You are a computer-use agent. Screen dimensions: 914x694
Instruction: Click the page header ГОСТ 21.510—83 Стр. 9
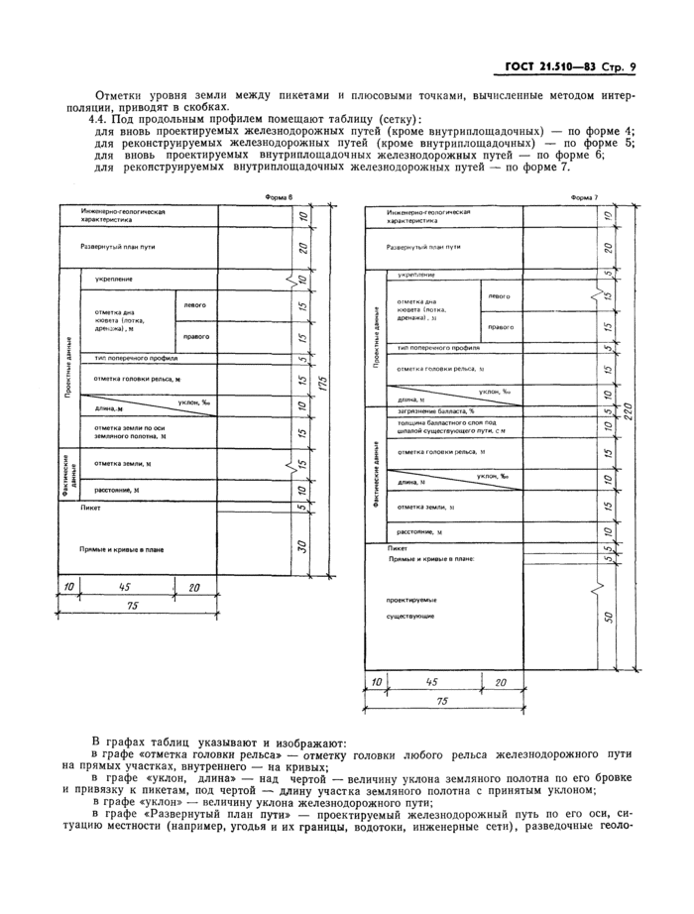(x=566, y=67)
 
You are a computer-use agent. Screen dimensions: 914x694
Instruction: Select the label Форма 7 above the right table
(x=585, y=197)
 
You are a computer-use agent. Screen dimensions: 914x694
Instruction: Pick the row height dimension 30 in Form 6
(x=300, y=546)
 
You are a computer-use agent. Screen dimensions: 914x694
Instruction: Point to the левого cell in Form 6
(x=195, y=305)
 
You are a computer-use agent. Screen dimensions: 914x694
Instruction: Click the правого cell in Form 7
(x=501, y=327)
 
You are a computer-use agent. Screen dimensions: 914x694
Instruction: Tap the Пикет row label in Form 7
(x=399, y=546)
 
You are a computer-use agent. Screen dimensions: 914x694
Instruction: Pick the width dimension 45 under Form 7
(x=432, y=683)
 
